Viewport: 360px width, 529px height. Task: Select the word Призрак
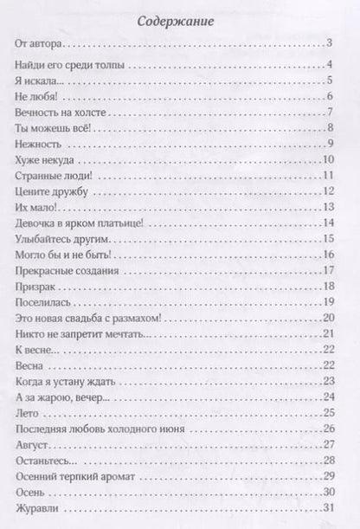click(x=36, y=286)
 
